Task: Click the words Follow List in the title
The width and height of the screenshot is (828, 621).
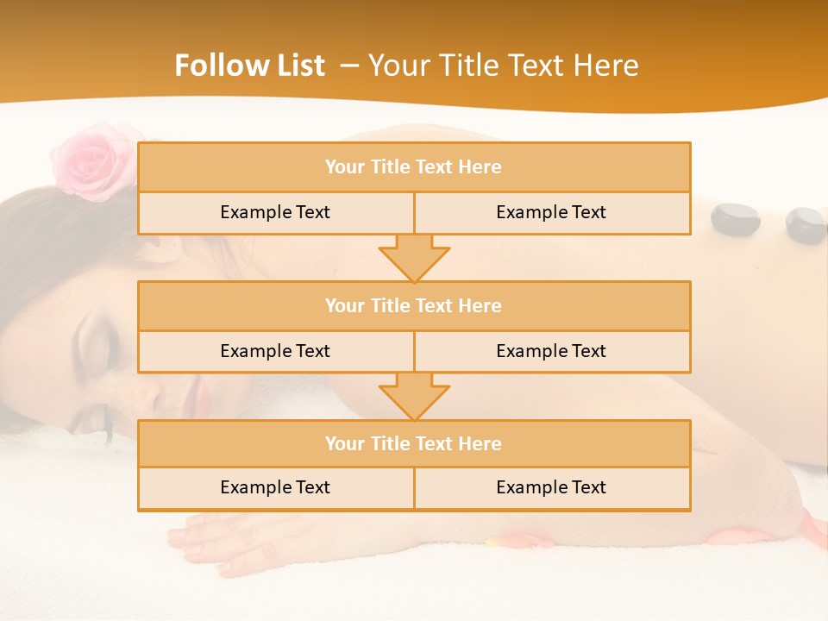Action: click(249, 66)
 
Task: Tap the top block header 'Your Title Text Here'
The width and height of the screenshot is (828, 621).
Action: click(413, 167)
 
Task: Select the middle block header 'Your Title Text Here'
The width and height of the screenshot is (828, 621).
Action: click(413, 306)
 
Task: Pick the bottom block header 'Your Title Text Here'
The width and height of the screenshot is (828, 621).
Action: click(413, 444)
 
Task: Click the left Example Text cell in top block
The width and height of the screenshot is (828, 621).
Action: click(275, 213)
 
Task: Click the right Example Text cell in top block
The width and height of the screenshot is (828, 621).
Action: click(551, 213)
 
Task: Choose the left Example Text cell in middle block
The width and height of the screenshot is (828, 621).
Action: click(275, 352)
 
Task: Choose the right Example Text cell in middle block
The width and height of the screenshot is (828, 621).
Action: click(551, 352)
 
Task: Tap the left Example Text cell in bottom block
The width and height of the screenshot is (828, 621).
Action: click(275, 488)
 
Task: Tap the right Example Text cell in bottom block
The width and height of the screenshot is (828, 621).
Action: click(551, 488)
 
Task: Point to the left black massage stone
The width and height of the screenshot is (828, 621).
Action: click(735, 219)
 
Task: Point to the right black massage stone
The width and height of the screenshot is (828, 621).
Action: click(806, 226)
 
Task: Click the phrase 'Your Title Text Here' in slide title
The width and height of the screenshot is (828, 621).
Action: click(503, 66)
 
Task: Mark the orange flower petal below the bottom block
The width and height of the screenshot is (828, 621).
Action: click(517, 542)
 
